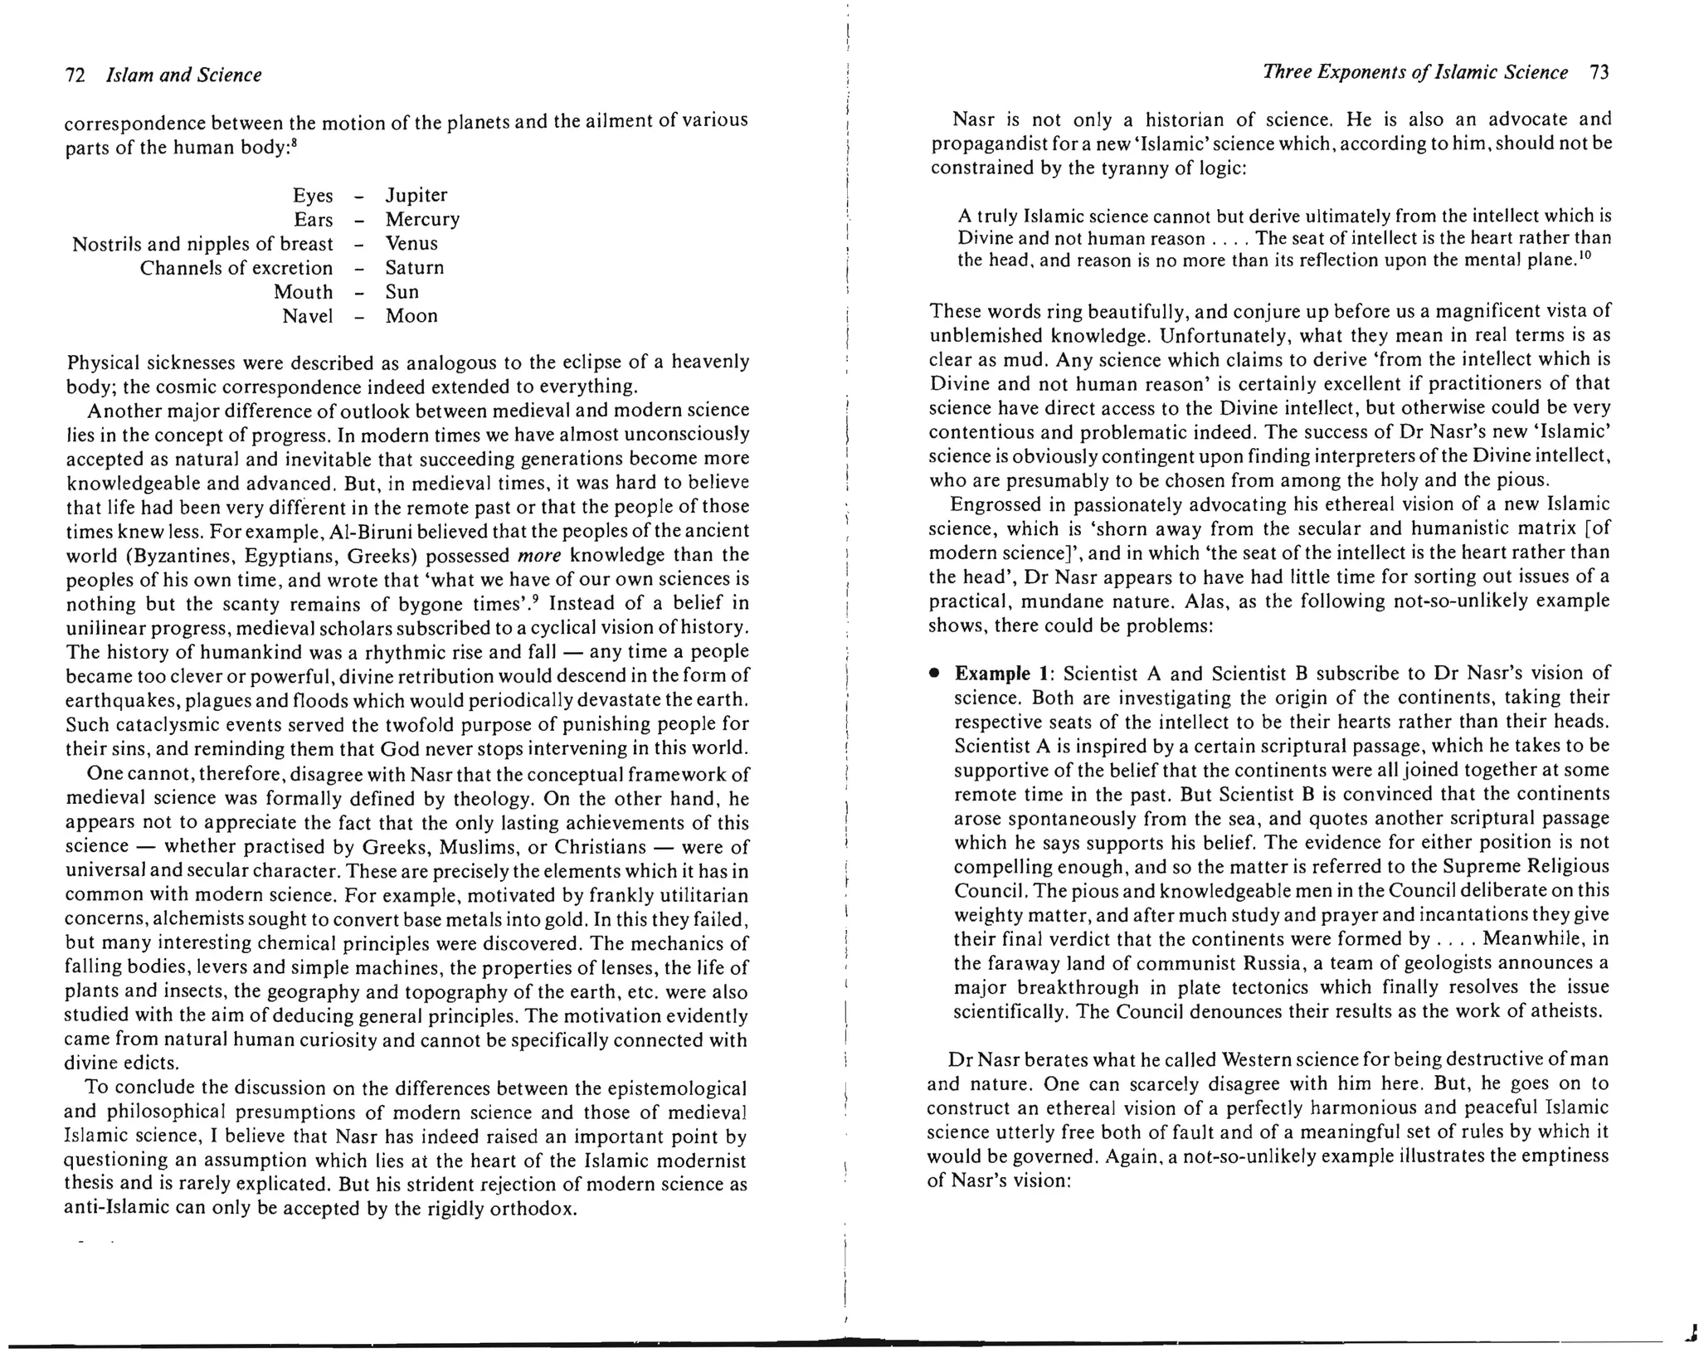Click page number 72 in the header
(75, 75)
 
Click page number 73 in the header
(1600, 73)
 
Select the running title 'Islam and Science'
(184, 75)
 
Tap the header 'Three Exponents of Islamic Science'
(1415, 73)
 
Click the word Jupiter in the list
(416, 196)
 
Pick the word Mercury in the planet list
(422, 220)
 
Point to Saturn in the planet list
(415, 268)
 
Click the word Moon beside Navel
(411, 316)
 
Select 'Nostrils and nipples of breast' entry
(202, 244)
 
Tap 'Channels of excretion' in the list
(236, 268)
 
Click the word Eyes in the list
(313, 196)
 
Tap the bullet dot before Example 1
(934, 674)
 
